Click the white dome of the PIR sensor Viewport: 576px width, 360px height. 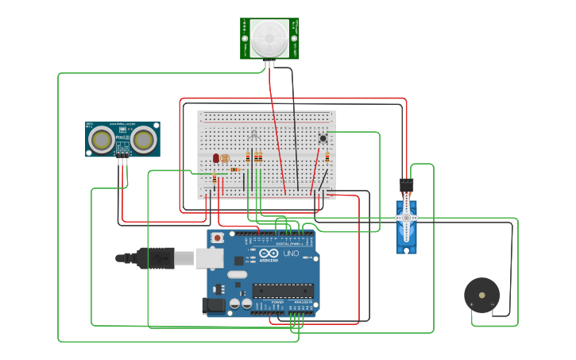coord(270,37)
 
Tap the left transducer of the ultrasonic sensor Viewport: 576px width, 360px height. coord(101,140)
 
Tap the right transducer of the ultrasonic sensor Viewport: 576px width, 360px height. coord(143,140)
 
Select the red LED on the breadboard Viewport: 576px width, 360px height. coord(215,158)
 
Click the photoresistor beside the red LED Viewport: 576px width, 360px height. coord(224,159)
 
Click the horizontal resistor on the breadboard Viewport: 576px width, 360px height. coord(236,168)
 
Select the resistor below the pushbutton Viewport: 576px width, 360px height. coord(327,157)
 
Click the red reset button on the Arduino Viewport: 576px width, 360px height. coord(216,237)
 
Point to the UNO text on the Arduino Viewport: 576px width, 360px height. coord(291,254)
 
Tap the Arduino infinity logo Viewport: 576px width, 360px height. coord(267,254)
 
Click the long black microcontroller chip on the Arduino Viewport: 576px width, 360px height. coord(283,291)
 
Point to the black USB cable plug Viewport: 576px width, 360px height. coord(155,257)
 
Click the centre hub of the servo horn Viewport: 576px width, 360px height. coord(407,217)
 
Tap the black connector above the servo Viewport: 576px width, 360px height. coord(407,185)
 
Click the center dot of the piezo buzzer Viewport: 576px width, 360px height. coord(481,295)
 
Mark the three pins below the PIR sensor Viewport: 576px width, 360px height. coord(270,64)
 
